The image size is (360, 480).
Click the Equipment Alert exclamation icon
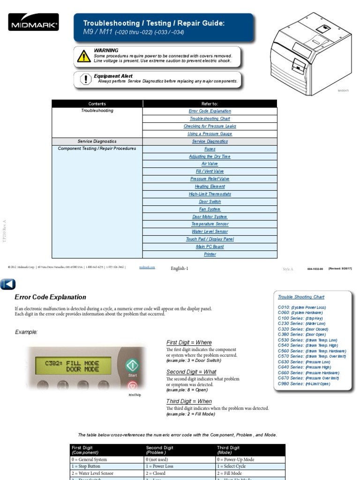[85, 79]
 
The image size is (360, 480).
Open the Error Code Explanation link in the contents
[210, 111]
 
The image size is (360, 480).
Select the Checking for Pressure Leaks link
[210, 126]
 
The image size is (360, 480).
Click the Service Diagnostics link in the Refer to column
[210, 141]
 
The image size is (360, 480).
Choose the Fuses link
[210, 149]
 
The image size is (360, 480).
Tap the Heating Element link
[210, 187]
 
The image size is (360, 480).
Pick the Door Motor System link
[210, 217]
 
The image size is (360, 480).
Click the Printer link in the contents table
[210, 254]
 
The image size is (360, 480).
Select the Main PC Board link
[210, 247]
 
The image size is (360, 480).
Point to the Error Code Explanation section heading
[50, 297]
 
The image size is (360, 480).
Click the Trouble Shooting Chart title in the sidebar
[301, 297]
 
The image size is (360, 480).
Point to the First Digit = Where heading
[189, 343]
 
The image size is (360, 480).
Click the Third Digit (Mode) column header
[228, 450]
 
